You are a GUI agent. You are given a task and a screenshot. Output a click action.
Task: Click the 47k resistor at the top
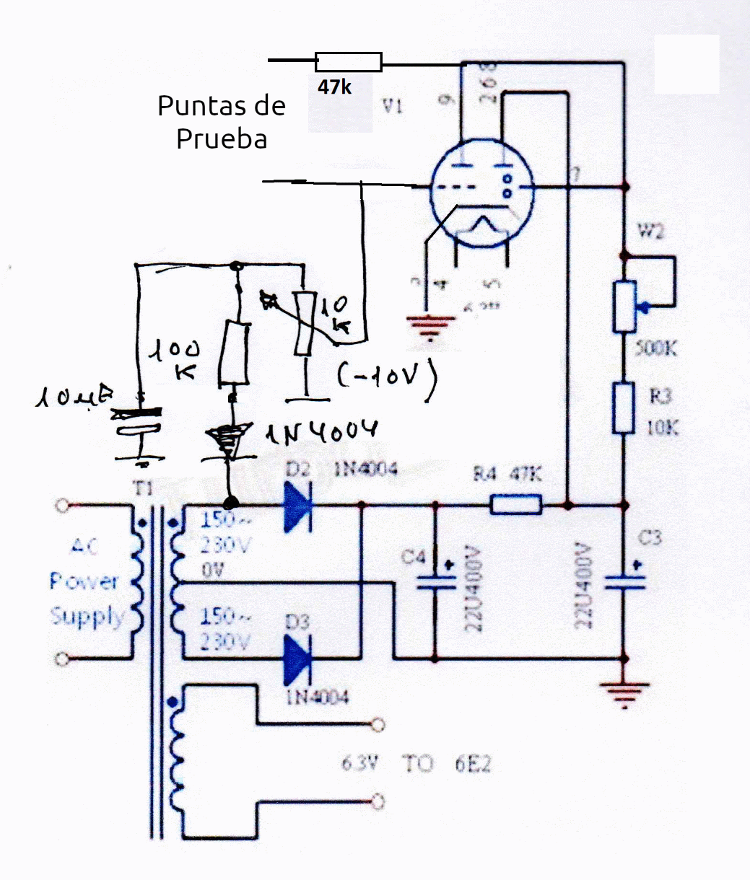[x=349, y=62]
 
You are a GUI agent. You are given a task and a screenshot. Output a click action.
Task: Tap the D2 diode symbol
[x=297, y=506]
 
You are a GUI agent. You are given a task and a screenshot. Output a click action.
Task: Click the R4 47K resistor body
[x=516, y=504]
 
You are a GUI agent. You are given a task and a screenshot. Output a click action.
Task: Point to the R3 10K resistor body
[x=624, y=408]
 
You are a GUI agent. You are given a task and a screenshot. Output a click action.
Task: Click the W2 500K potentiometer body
[x=624, y=307]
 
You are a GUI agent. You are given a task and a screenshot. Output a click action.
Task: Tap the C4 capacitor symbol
[x=435, y=581]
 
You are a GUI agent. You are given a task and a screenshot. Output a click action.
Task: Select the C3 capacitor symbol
[x=624, y=581]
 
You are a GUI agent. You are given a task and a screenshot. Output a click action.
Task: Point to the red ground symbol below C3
[x=624, y=693]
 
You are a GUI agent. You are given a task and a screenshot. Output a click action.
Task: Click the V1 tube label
[x=393, y=107]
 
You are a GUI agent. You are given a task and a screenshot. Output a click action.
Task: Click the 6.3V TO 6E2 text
[x=417, y=763]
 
